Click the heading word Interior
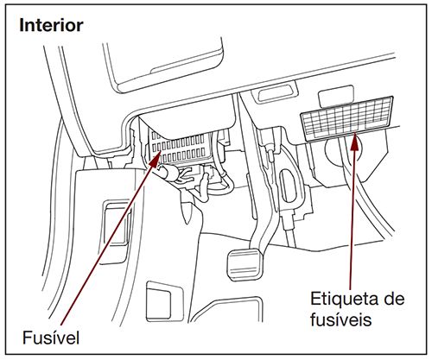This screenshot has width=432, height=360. [x=52, y=25]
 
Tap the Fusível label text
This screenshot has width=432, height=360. [x=54, y=333]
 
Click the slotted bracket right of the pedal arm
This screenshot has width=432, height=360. [x=285, y=185]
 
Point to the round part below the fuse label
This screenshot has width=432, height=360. [x=337, y=155]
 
